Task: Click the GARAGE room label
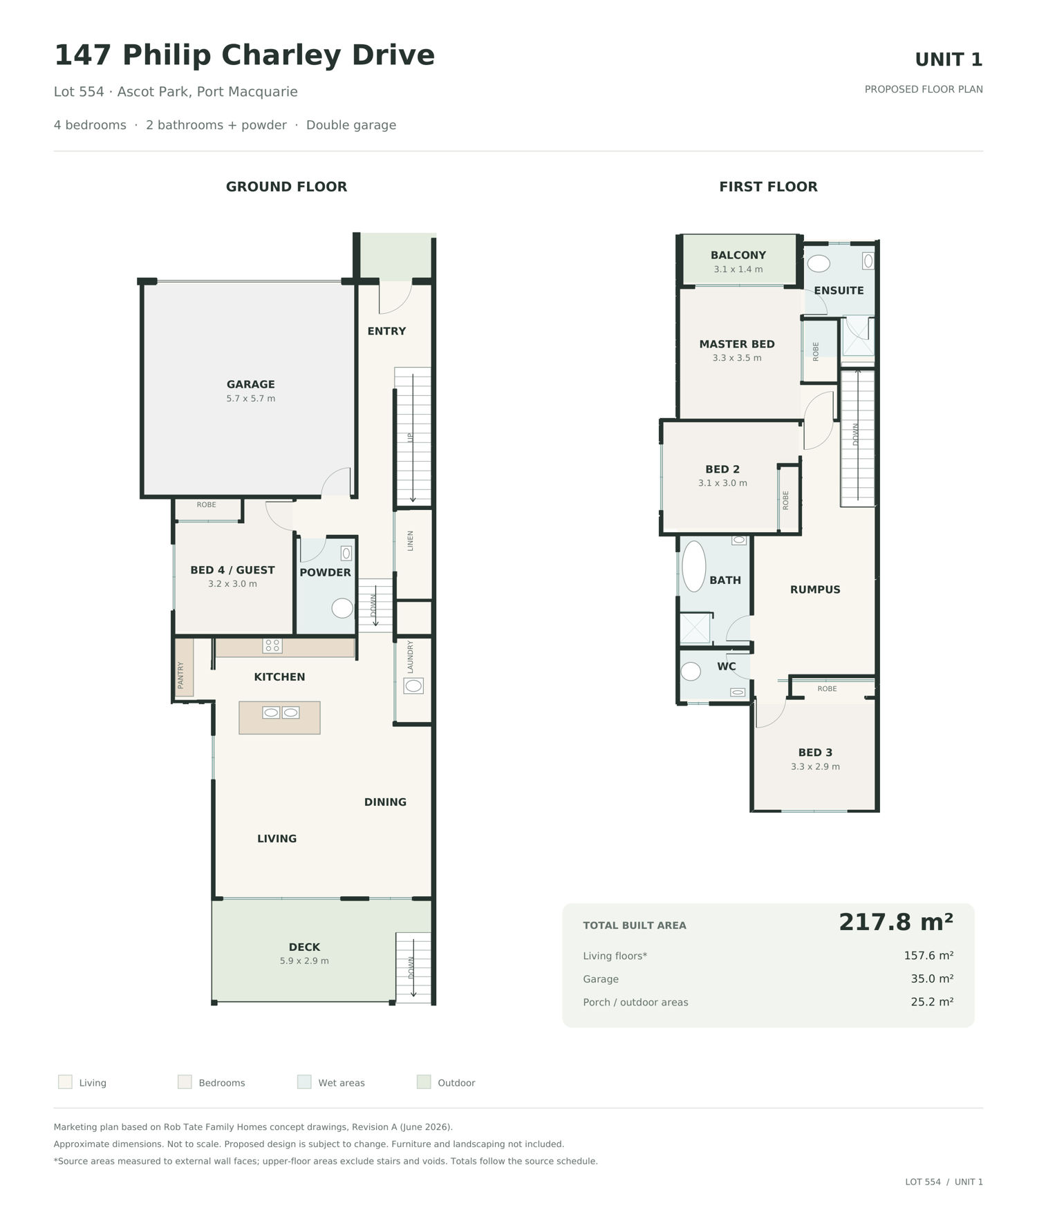pyautogui.click(x=250, y=384)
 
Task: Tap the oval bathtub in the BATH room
pyautogui.click(x=693, y=566)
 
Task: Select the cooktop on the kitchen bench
pyautogui.click(x=272, y=646)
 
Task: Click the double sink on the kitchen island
pyautogui.click(x=281, y=712)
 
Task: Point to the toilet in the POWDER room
pyautogui.click(x=342, y=608)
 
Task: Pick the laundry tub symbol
pyautogui.click(x=413, y=686)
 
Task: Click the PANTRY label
pyautogui.click(x=180, y=675)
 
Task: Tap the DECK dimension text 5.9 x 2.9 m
pyautogui.click(x=304, y=961)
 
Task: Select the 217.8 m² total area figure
pyautogui.click(x=896, y=922)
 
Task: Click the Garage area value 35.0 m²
pyautogui.click(x=932, y=979)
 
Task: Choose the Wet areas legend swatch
pyautogui.click(x=304, y=1082)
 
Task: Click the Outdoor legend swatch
pyautogui.click(x=424, y=1082)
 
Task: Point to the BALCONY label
pyautogui.click(x=738, y=255)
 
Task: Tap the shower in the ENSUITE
pyautogui.click(x=858, y=337)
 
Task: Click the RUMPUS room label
pyautogui.click(x=815, y=589)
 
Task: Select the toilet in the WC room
pyautogui.click(x=691, y=672)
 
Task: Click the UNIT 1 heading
pyautogui.click(x=949, y=60)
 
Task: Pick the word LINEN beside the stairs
pyautogui.click(x=410, y=540)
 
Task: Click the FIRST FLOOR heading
pyautogui.click(x=768, y=187)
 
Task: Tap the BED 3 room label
pyautogui.click(x=815, y=753)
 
